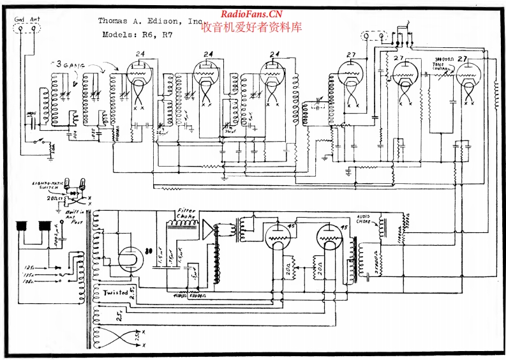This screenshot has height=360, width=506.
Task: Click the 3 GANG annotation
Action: tap(69, 64)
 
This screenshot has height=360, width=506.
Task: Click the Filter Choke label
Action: tap(187, 213)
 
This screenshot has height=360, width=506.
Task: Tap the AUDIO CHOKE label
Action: tap(368, 219)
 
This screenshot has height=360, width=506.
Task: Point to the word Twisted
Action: tap(115, 292)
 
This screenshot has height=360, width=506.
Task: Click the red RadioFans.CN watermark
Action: tap(251, 14)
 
